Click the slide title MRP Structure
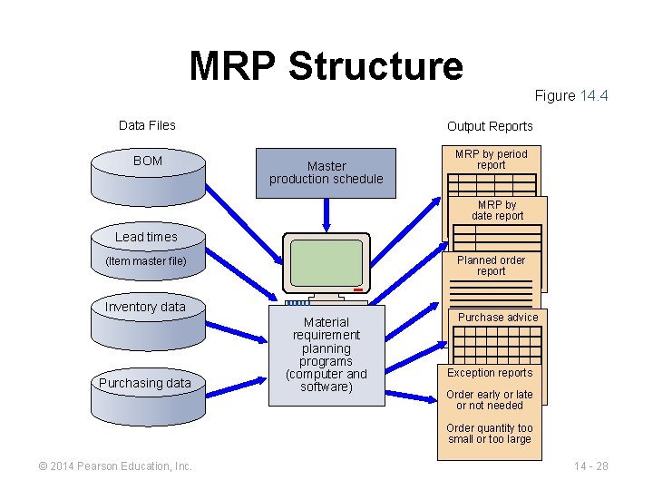pyautogui.click(x=326, y=66)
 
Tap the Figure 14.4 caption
pyautogui.click(x=570, y=95)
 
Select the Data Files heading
pyautogui.click(x=147, y=125)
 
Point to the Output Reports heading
pyautogui.click(x=490, y=126)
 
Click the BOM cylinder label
pyautogui.click(x=148, y=161)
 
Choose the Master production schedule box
pyautogui.click(x=326, y=172)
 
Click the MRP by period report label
pyautogui.click(x=491, y=160)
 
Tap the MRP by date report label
pyautogui.click(x=497, y=211)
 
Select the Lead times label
pyautogui.click(x=146, y=237)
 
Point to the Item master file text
pyautogui.click(x=146, y=261)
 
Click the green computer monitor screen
pyautogui.click(x=326, y=263)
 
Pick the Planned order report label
pyautogui.click(x=491, y=265)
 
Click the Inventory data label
pyautogui.click(x=145, y=307)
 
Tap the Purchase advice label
pyautogui.click(x=497, y=318)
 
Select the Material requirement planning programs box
pyautogui.click(x=326, y=355)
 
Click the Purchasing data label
pyautogui.click(x=145, y=383)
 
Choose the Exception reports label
pyautogui.click(x=490, y=373)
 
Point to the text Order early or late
pyautogui.click(x=490, y=395)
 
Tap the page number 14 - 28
pyautogui.click(x=590, y=466)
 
